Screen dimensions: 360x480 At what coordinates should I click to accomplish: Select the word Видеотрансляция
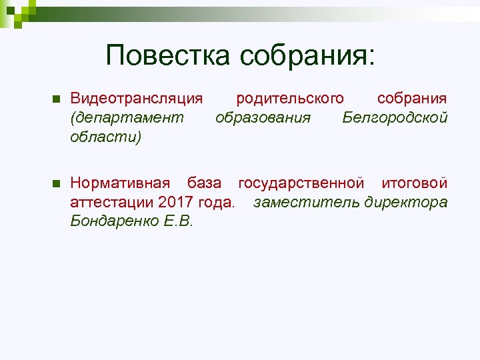137,99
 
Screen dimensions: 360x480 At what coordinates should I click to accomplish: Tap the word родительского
290,99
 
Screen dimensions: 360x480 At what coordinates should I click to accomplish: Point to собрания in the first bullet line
412,99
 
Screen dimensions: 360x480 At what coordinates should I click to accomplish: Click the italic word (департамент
126,118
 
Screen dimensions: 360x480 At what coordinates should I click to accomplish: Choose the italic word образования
263,118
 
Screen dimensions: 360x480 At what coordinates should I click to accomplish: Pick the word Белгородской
395,118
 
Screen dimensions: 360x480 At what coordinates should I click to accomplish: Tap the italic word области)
105,137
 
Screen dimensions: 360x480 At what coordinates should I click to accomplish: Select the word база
203,183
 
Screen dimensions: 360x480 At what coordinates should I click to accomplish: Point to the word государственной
301,183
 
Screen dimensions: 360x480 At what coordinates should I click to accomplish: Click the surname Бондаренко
114,221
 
